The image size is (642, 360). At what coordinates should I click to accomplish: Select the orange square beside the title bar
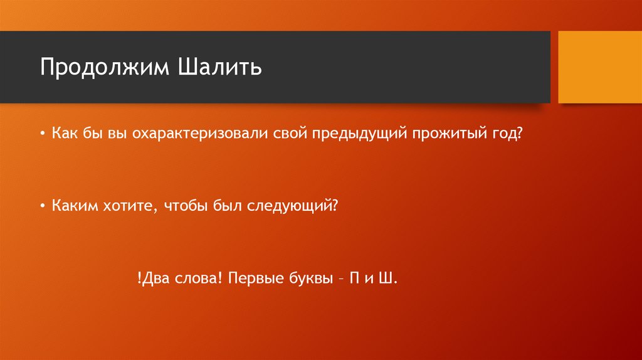click(600, 66)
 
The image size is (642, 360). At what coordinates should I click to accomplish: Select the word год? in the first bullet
click(507, 135)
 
